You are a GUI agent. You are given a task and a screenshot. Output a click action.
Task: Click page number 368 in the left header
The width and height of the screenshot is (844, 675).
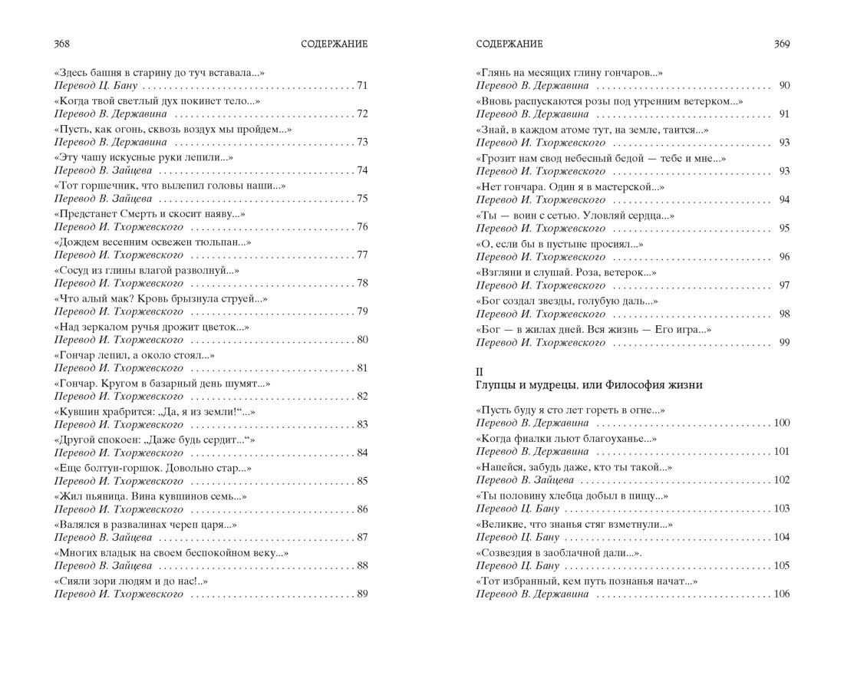pyautogui.click(x=60, y=44)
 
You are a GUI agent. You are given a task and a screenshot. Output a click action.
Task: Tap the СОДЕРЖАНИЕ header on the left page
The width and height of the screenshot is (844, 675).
pyautogui.click(x=335, y=44)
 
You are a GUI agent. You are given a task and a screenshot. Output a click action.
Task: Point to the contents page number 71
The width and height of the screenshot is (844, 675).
pyautogui.click(x=363, y=85)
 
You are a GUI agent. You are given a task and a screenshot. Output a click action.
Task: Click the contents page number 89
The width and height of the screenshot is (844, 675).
pyautogui.click(x=363, y=593)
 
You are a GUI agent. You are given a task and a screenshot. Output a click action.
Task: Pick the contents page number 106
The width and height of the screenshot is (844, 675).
pyautogui.click(x=782, y=594)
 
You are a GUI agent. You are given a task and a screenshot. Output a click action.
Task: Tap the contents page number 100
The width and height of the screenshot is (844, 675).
pyautogui.click(x=782, y=423)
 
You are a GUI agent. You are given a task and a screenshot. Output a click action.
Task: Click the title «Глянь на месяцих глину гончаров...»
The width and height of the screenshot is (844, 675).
pyautogui.click(x=569, y=73)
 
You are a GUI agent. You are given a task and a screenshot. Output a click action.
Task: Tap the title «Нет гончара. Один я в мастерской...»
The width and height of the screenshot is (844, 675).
pyautogui.click(x=570, y=186)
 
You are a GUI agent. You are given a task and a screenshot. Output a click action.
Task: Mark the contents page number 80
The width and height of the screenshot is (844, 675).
pyautogui.click(x=363, y=340)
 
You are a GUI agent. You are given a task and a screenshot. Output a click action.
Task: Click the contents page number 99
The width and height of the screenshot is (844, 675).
pyautogui.click(x=783, y=342)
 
